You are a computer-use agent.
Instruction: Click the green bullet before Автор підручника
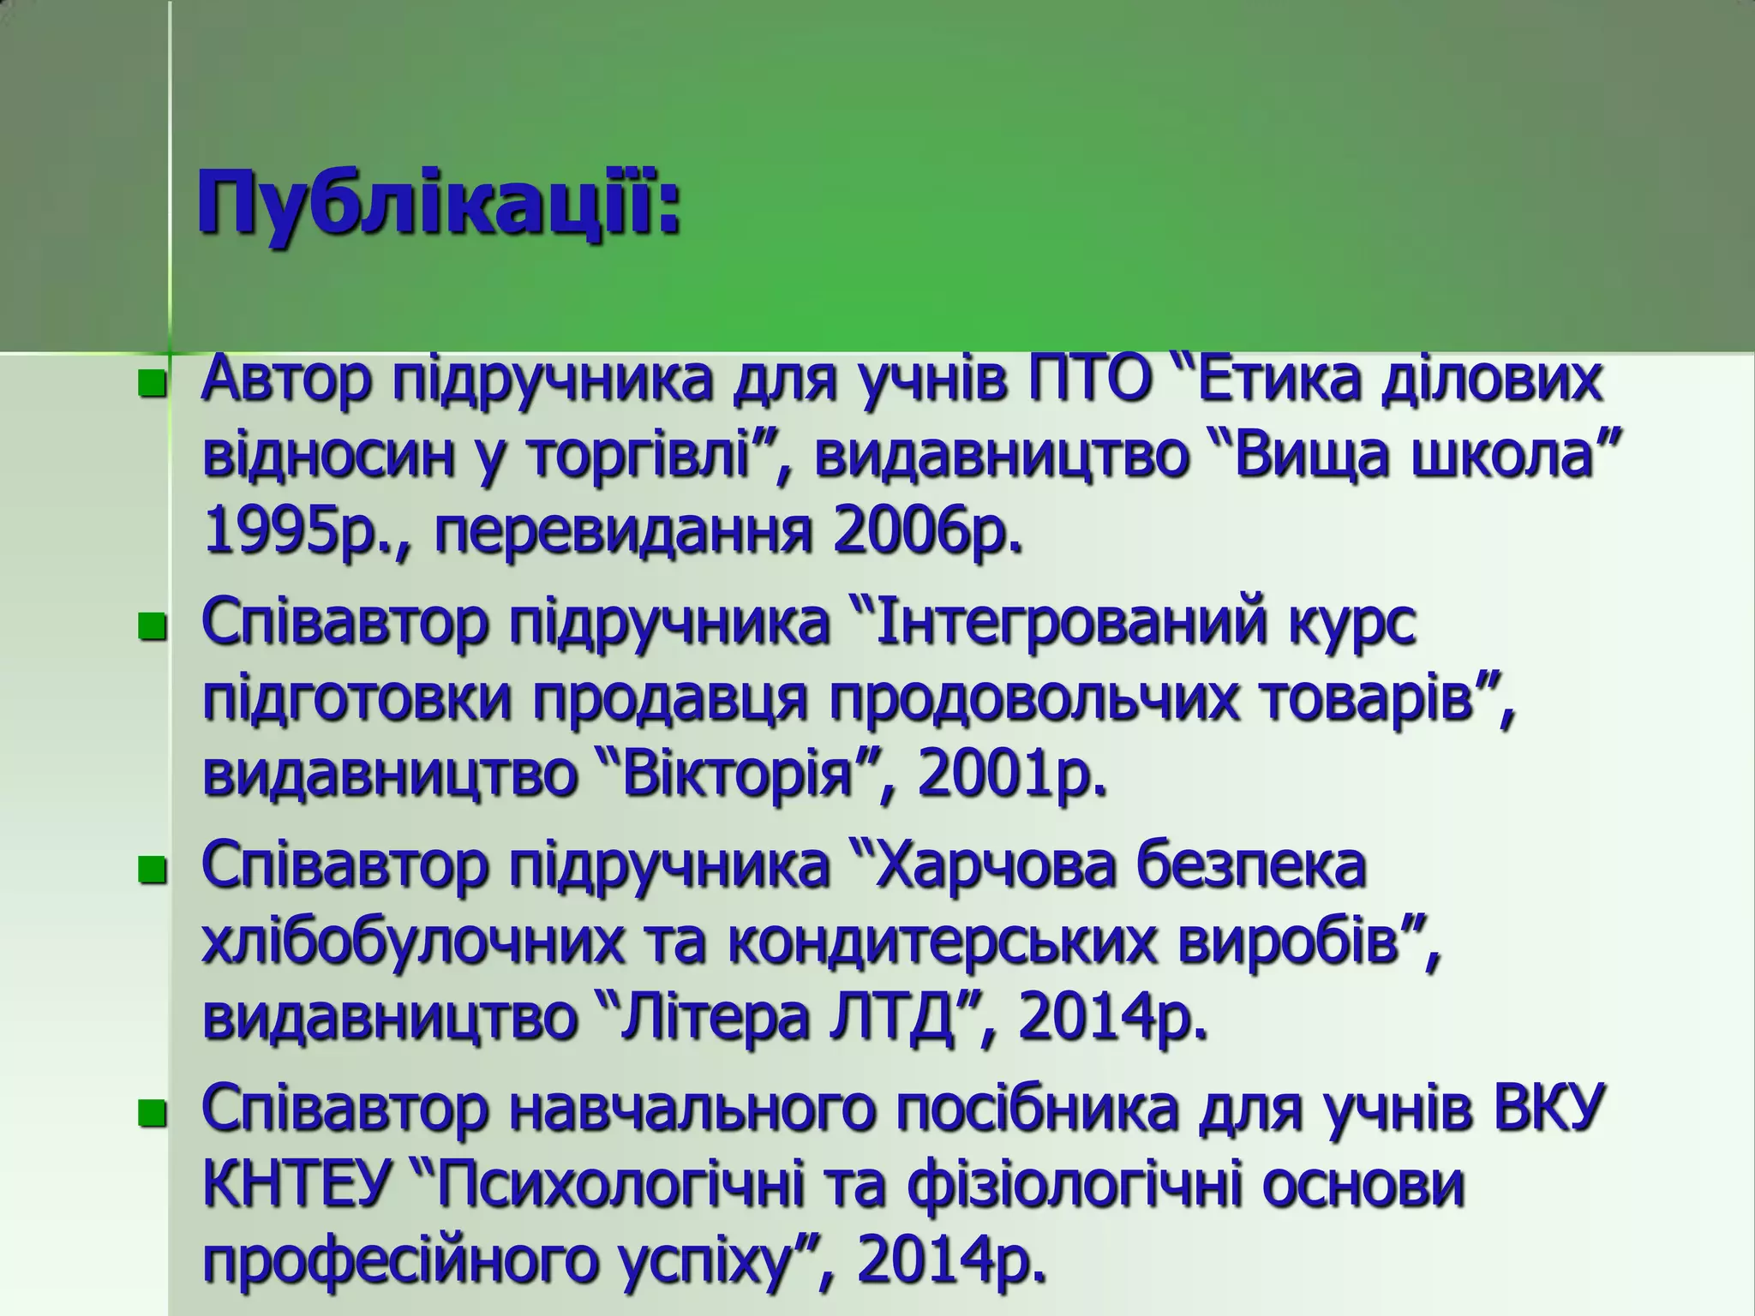pyautogui.click(x=151, y=384)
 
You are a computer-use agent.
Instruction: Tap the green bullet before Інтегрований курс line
pyautogui.click(x=151, y=626)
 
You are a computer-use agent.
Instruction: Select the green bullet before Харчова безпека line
pyautogui.click(x=151, y=870)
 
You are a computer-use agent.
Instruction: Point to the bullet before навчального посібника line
pyautogui.click(x=151, y=1114)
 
